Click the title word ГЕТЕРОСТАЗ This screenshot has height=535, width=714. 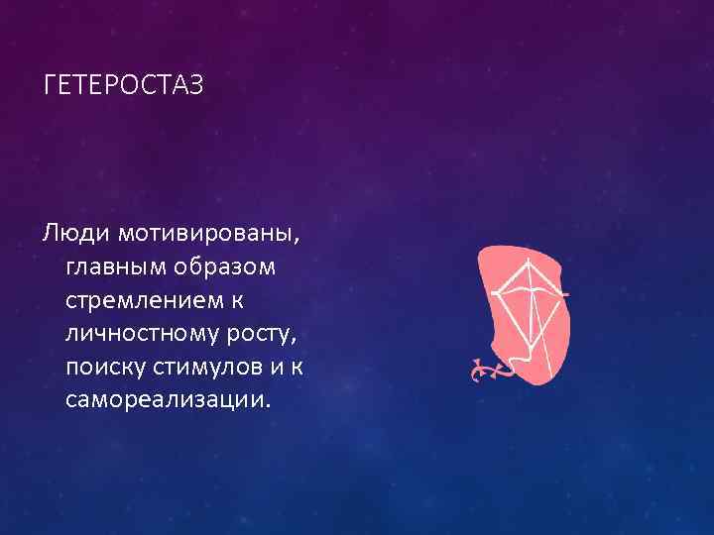(x=124, y=86)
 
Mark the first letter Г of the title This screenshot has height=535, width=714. (x=50, y=86)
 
